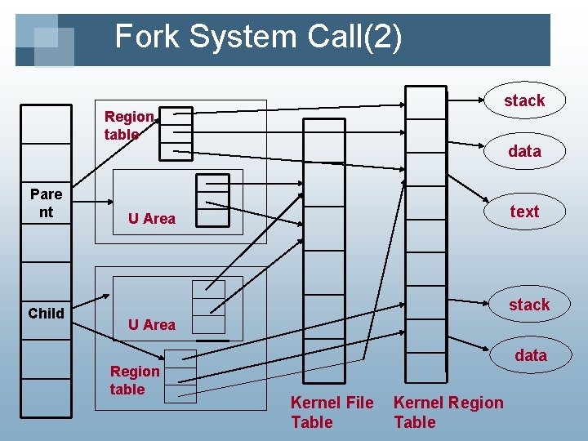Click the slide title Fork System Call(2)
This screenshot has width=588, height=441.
pyautogui.click(x=258, y=38)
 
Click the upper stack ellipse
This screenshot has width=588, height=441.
pyautogui.click(x=523, y=100)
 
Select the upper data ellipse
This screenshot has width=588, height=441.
pyautogui.click(x=523, y=151)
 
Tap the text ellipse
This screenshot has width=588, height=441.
pyautogui.click(x=523, y=212)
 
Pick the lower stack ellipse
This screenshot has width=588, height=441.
pyautogui.click(x=528, y=305)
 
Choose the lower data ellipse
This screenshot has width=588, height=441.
pyautogui.click(x=530, y=355)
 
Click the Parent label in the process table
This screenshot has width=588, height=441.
pyautogui.click(x=46, y=203)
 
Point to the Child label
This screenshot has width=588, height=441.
pyautogui.click(x=46, y=314)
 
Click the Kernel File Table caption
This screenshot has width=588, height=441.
pyautogui.click(x=332, y=412)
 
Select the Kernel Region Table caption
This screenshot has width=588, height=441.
pyautogui.click(x=448, y=412)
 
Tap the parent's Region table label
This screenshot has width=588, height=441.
pyautogui.click(x=128, y=126)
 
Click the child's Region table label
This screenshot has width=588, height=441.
pyautogui.click(x=135, y=381)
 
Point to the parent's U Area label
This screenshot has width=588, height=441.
pyautogui.click(x=152, y=219)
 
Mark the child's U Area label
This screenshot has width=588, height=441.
pyautogui.click(x=152, y=325)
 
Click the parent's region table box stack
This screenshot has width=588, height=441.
pyautogui.click(x=176, y=133)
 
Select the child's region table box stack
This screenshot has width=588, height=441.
pyautogui.click(x=180, y=376)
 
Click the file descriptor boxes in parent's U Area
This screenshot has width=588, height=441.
pyautogui.click(x=213, y=200)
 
